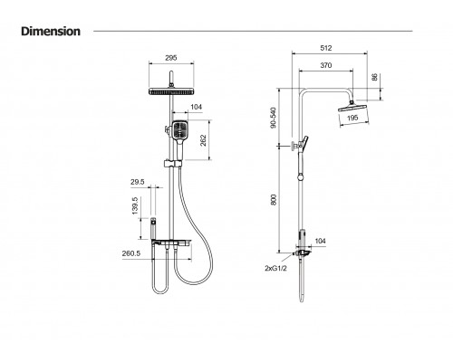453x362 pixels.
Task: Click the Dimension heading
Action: pos(51,32)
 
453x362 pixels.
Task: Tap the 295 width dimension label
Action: pos(171,58)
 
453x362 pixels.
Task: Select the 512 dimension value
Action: pos(326,48)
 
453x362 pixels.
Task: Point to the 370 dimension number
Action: pos(326,65)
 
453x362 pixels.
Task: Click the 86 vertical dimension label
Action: pos(375,77)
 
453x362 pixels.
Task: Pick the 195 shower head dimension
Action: pos(352,118)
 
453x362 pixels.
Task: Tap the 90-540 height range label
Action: pos(274,118)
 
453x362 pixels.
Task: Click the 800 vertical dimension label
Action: pos(274,200)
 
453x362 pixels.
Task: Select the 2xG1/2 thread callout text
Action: pos(275,268)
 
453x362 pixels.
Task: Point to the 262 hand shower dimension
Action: pos(203,140)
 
